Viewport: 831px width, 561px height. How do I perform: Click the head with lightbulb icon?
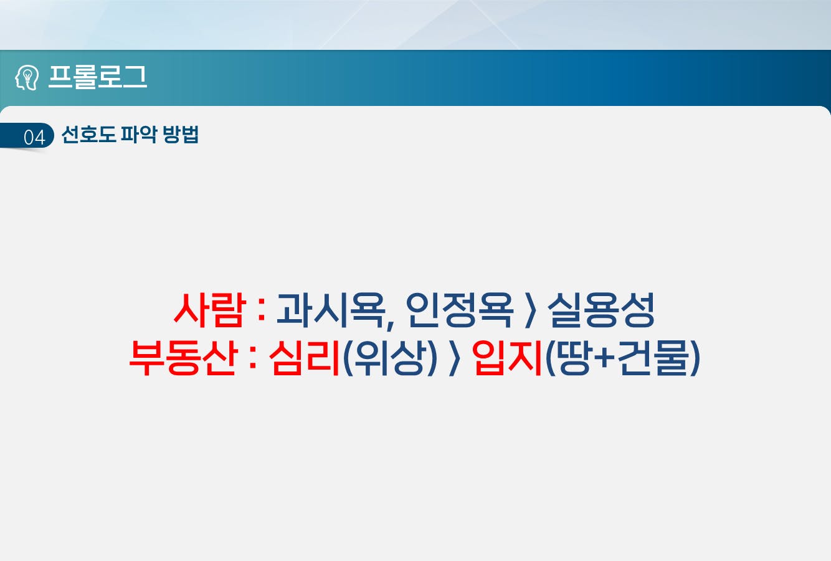click(x=27, y=77)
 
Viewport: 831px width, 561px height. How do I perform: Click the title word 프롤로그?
click(x=98, y=77)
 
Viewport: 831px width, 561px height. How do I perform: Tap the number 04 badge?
click(x=34, y=137)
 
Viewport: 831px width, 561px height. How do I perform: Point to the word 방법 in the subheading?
click(x=181, y=134)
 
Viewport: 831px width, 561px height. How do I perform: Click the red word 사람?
click(x=210, y=310)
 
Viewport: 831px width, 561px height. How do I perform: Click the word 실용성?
click(x=601, y=310)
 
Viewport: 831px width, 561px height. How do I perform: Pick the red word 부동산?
click(x=183, y=358)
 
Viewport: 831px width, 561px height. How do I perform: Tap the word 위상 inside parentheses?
click(x=389, y=358)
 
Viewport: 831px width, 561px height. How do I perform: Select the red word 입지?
click(x=507, y=358)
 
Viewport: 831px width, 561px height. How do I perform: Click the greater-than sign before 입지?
click(x=455, y=358)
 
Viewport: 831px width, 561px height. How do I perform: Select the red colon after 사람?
click(x=262, y=312)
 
